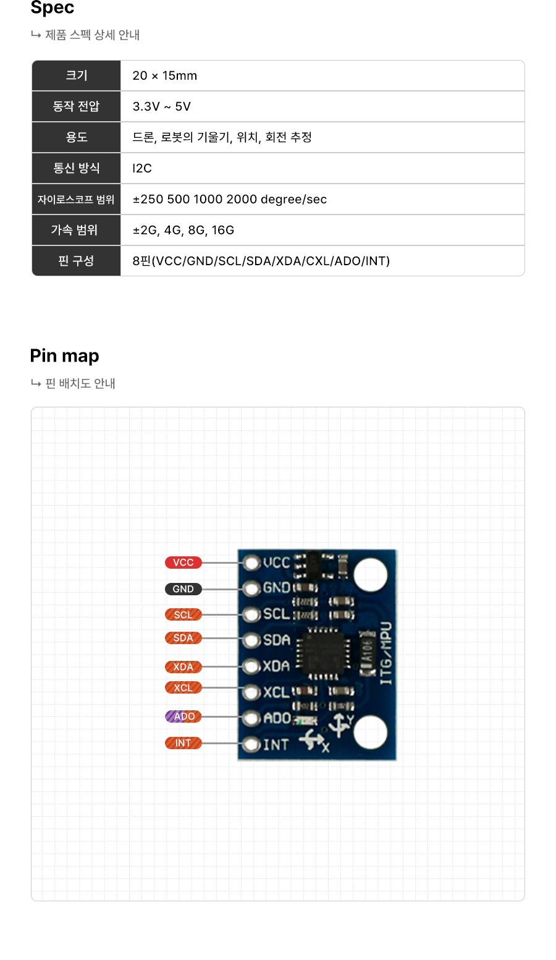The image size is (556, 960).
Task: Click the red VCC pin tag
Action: [183, 563]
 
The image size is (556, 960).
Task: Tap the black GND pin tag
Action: [183, 589]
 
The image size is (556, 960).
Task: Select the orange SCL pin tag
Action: [183, 614]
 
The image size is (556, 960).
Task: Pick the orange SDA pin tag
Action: [183, 638]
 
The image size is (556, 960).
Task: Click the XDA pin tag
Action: [183, 667]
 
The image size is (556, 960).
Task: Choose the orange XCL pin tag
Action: [183, 687]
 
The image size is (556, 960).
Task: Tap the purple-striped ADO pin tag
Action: [183, 716]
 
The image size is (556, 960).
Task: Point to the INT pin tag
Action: [183, 743]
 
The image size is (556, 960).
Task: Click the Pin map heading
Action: [65, 356]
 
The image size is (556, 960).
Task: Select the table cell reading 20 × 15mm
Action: [165, 76]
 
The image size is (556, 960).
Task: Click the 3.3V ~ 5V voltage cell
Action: [162, 106]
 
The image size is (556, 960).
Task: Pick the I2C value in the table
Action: [142, 168]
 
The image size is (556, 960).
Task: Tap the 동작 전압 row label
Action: [76, 106]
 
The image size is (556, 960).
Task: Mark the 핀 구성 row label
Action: [76, 261]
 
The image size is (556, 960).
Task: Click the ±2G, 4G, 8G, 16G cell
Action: [183, 230]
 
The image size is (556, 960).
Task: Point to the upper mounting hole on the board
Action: [371, 574]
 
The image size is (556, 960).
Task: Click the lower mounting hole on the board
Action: [371, 733]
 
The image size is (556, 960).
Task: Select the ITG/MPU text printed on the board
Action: [386, 653]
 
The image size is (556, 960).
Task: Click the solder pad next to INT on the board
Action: [251, 744]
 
